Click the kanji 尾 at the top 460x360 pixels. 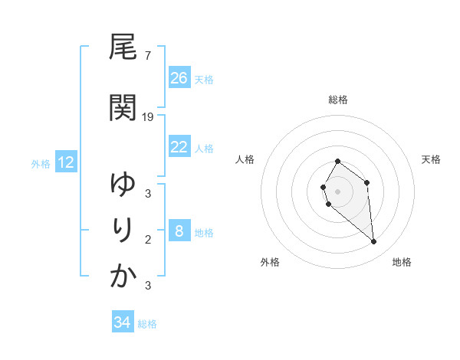(123, 47)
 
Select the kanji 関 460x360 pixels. (123, 108)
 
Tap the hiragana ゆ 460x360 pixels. (123, 184)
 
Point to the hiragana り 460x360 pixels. (123, 230)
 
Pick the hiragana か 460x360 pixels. (123, 276)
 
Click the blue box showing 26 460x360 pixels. (179, 78)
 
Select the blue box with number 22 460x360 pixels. (179, 147)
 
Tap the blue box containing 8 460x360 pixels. (179, 231)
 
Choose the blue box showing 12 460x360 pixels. (65, 162)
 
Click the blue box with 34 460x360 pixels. (122, 322)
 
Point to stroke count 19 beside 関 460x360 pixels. (148, 116)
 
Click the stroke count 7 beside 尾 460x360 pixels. (147, 55)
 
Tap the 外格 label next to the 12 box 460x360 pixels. (41, 163)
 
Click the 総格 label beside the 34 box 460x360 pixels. (147, 324)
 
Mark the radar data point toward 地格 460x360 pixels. (374, 242)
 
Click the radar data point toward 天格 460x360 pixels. (367, 182)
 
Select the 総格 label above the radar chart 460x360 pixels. (338, 100)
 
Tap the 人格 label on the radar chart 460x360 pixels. (245, 159)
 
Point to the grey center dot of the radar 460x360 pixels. (338, 191)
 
